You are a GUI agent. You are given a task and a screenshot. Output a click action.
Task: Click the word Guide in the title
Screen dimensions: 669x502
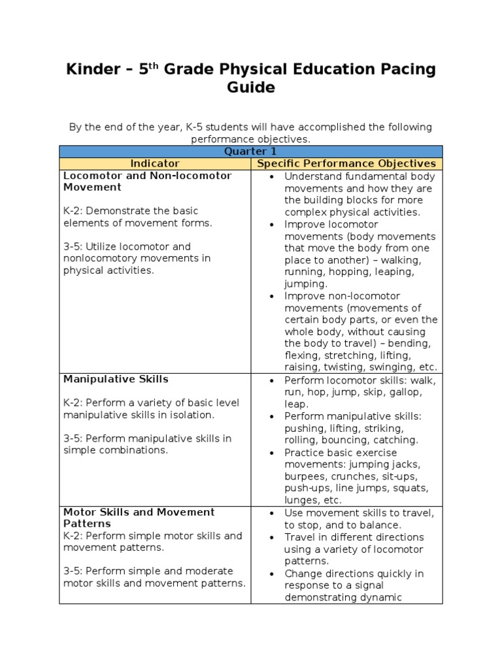click(250, 88)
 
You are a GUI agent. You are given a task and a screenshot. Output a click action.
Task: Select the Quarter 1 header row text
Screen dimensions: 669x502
click(250, 152)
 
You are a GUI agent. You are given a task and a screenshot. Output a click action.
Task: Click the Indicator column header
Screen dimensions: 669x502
click(155, 163)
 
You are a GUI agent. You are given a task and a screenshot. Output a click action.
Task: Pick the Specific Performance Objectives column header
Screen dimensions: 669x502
click(346, 163)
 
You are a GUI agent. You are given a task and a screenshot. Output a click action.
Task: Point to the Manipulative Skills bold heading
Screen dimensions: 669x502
click(116, 379)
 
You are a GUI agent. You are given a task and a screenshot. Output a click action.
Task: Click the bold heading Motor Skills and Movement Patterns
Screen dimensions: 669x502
click(139, 518)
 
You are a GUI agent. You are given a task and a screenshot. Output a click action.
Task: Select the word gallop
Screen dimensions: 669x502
click(407, 392)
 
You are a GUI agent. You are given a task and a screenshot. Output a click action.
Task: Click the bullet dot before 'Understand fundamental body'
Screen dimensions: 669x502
click(271, 176)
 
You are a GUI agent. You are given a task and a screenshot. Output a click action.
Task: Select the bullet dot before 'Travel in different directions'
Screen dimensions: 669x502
click(271, 538)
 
